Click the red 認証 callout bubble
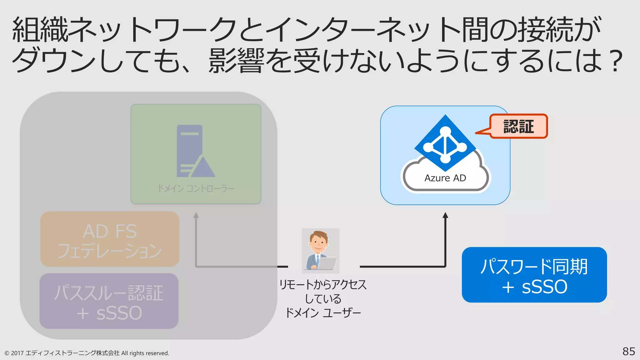pos(518,126)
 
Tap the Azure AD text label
pos(445,178)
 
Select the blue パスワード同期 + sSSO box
pos(534,275)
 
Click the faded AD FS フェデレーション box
pos(109,239)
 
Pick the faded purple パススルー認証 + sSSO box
pos(109,301)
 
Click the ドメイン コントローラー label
pos(196,188)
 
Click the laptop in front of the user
pos(327,263)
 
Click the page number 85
pos(628,352)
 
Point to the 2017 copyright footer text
pos(87,353)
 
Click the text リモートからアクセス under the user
pos(323,285)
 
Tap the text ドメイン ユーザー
pos(323,312)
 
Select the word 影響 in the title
pos(236,61)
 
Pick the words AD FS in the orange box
pos(109,231)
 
